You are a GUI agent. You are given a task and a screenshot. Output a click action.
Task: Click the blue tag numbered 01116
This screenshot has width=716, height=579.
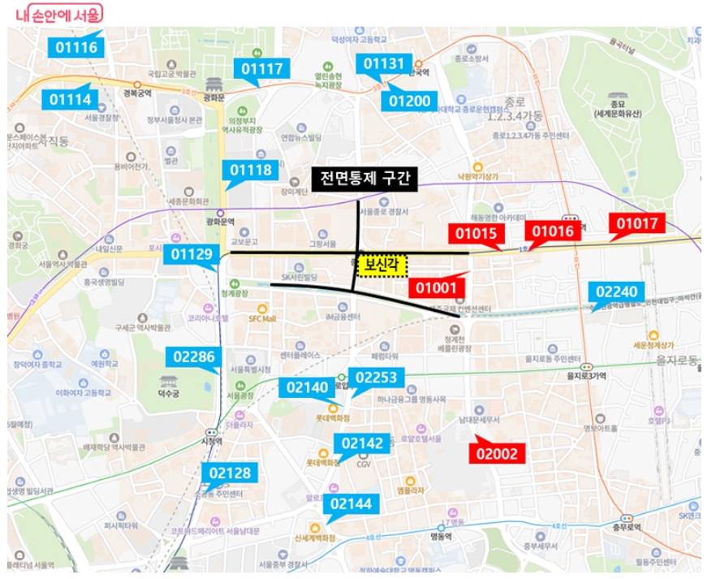point(76,48)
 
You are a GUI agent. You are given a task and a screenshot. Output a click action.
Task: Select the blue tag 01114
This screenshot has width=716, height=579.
point(73,100)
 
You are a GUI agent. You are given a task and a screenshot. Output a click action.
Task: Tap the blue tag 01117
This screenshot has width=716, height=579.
point(261,69)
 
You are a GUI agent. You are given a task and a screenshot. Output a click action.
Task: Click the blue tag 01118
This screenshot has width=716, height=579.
point(251,170)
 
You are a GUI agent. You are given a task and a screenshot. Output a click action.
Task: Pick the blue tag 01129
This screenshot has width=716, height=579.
point(192,254)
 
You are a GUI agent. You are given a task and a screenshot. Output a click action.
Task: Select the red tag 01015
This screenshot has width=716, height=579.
point(476,234)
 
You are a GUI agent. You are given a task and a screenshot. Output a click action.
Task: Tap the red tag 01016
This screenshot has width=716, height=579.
point(554,231)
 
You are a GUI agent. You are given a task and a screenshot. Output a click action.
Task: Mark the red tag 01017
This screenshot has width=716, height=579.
point(640,223)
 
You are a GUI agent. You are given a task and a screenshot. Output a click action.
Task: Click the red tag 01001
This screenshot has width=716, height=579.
point(437,287)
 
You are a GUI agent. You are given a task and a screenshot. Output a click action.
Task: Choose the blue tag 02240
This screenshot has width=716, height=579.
point(620,292)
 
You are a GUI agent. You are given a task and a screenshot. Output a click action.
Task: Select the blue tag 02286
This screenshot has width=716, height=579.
point(194,356)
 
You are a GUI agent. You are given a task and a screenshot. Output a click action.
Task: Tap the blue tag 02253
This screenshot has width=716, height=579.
point(376,378)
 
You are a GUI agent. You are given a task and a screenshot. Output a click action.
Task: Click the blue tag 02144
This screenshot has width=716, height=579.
point(352,504)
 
